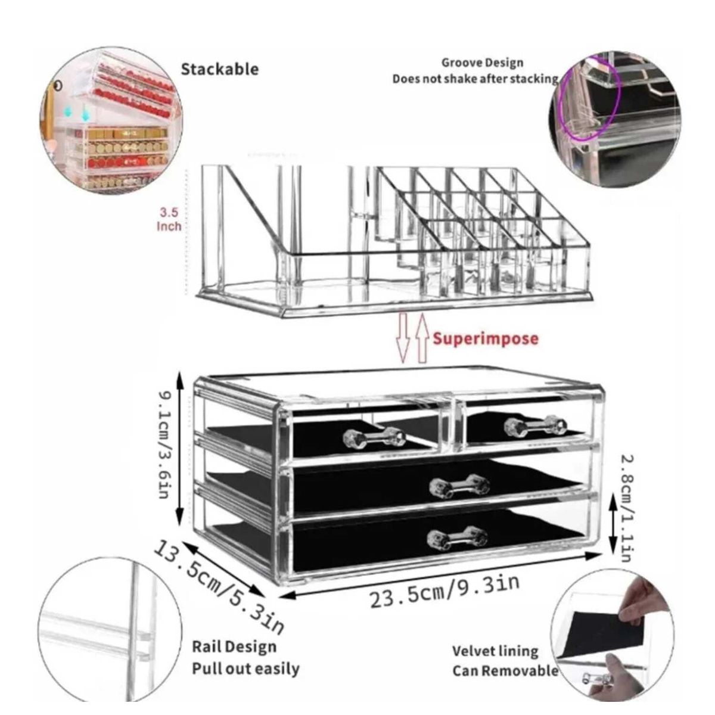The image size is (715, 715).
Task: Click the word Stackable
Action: [x=220, y=69]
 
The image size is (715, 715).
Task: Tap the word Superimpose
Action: [x=486, y=339]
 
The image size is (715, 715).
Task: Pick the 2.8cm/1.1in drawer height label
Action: [x=625, y=507]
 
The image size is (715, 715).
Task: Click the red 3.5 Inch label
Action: [x=169, y=219]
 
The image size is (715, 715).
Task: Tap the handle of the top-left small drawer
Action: [x=374, y=437]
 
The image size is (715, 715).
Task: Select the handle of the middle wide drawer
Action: [x=459, y=486]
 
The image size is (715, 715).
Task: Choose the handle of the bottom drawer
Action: [x=458, y=536]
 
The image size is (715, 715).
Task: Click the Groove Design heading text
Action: [x=483, y=62]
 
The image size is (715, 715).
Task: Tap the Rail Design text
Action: [x=234, y=646]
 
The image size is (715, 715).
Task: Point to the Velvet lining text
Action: [x=495, y=651]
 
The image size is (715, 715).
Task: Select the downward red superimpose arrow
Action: [x=403, y=338]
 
